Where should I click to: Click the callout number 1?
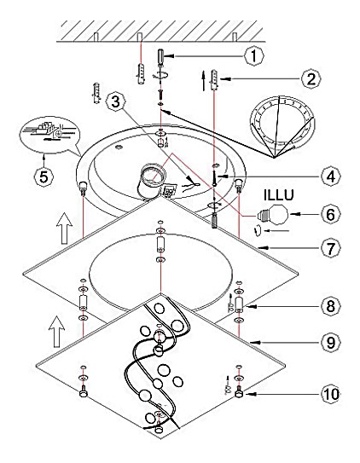pyautogui.click(x=253, y=55)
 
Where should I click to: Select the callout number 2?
pyautogui.click(x=311, y=78)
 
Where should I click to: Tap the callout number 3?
pyautogui.click(x=115, y=102)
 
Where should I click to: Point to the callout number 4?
pyautogui.click(x=331, y=177)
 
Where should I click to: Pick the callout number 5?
pyautogui.click(x=44, y=177)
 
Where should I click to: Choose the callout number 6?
pyautogui.click(x=331, y=214)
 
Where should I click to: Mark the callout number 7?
pyautogui.click(x=331, y=248)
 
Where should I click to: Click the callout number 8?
pyautogui.click(x=331, y=306)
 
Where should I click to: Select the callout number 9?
pyautogui.click(x=331, y=343)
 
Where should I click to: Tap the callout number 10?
pyautogui.click(x=331, y=394)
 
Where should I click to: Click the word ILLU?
pyautogui.click(x=278, y=195)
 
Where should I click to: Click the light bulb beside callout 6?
pyautogui.click(x=272, y=215)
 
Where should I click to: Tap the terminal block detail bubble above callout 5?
pyautogui.click(x=49, y=135)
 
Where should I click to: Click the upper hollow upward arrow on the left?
pyautogui.click(x=64, y=229)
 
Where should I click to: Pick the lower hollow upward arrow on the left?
pyautogui.click(x=56, y=332)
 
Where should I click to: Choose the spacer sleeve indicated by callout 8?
pyautogui.click(x=239, y=304)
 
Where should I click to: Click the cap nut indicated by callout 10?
pyautogui.click(x=238, y=393)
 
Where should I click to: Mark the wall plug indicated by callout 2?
pyautogui.click(x=214, y=81)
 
